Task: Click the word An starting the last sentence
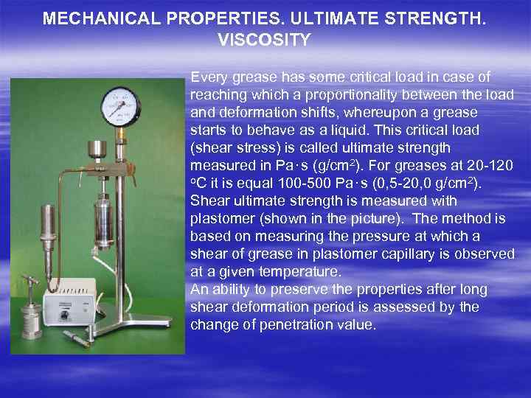point(199,290)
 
